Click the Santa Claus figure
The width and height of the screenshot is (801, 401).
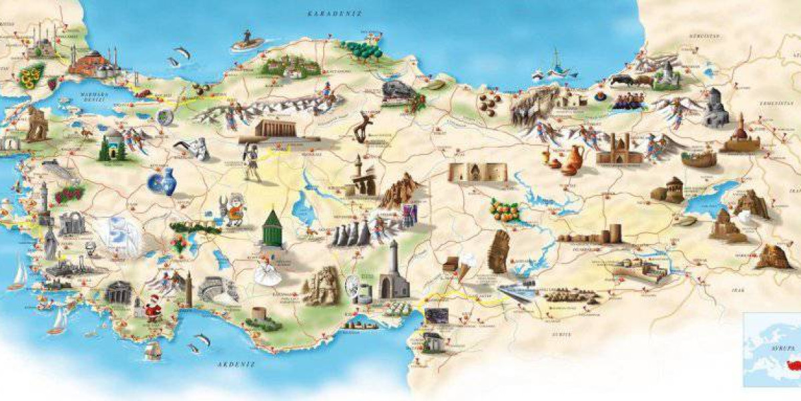(154, 308)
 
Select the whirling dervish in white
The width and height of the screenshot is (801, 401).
(268, 271)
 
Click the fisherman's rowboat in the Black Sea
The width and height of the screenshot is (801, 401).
(247, 42)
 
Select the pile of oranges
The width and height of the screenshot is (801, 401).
(503, 209)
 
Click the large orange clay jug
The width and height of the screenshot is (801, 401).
(572, 160)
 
